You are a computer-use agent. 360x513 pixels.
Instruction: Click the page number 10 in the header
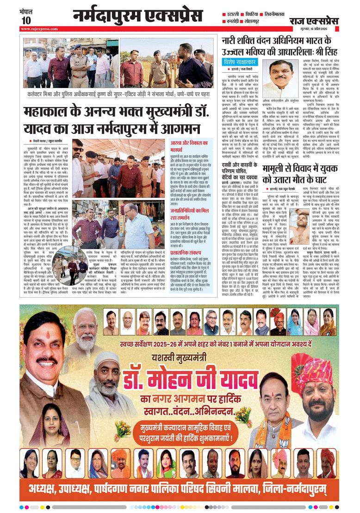[26, 20]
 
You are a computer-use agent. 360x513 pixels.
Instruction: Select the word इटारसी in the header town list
[235, 14]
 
